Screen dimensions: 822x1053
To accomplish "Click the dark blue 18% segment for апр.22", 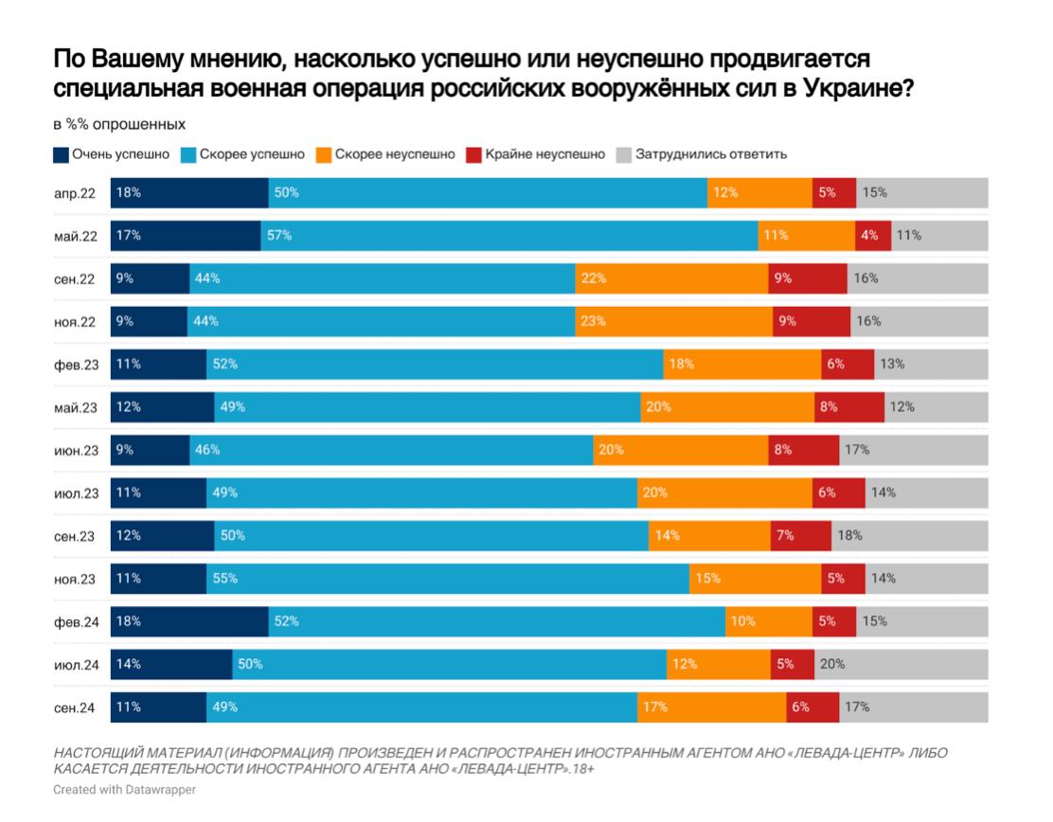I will (189, 192).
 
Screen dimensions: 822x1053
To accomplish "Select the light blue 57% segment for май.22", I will (509, 236).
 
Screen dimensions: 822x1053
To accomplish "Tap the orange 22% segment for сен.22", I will (671, 278).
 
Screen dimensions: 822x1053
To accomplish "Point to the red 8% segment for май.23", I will (849, 407).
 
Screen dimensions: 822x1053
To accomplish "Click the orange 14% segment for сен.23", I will (709, 535).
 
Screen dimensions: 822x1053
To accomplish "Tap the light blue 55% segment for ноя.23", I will (447, 578).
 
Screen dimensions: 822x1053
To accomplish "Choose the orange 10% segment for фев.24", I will (769, 621).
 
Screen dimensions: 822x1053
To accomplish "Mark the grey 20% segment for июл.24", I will (900, 664).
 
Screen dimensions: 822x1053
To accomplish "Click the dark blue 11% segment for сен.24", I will (158, 706).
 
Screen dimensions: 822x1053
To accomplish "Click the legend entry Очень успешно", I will (112, 154).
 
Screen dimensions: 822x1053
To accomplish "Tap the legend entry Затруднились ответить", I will (702, 154).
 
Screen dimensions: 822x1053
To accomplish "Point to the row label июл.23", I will (75, 492).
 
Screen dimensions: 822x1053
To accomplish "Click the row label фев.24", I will (75, 621).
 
